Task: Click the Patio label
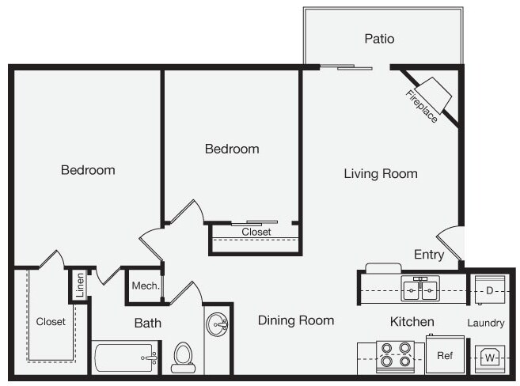(x=379, y=39)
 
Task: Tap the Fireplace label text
(x=422, y=106)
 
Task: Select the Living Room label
(x=381, y=173)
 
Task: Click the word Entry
(x=429, y=255)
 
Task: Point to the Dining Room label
(x=296, y=320)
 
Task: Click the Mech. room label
(x=146, y=286)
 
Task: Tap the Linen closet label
(x=80, y=285)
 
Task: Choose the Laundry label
(x=486, y=323)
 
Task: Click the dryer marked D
(x=490, y=290)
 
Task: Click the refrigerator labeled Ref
(x=445, y=354)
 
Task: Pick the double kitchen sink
(x=420, y=289)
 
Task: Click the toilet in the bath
(x=183, y=358)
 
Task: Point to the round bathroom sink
(x=217, y=324)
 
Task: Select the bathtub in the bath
(x=126, y=358)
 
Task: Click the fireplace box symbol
(x=434, y=95)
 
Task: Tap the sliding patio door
(x=346, y=67)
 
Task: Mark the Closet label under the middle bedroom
(x=256, y=232)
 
